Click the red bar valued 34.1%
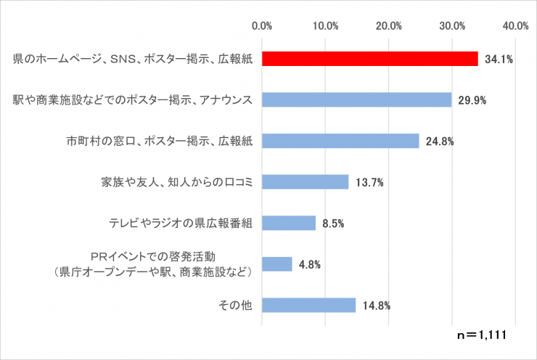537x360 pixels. point(369,59)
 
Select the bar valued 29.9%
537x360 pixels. point(356,100)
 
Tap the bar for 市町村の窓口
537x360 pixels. point(340,141)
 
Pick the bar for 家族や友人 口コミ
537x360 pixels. point(305,181)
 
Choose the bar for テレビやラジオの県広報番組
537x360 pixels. point(288,223)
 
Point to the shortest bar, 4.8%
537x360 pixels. point(276,263)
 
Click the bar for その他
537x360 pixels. point(308,305)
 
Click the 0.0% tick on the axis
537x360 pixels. point(261,26)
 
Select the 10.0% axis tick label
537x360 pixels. point(325,26)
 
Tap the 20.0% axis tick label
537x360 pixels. point(389,26)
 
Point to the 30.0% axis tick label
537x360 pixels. point(452,26)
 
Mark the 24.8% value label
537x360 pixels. point(440,142)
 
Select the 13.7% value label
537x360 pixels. point(369,182)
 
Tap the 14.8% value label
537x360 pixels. point(376,306)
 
